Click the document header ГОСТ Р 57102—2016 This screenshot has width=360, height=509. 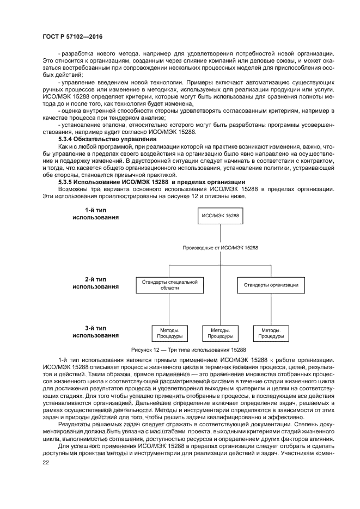(x=72, y=36)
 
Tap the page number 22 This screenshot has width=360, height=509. (x=45, y=462)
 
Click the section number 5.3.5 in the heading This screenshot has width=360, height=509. (x=66, y=182)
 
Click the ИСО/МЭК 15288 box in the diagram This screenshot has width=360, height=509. (x=220, y=216)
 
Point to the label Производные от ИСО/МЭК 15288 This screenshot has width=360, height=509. (x=221, y=248)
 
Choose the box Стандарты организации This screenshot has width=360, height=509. (x=271, y=284)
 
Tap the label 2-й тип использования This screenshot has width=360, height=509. (x=95, y=281)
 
